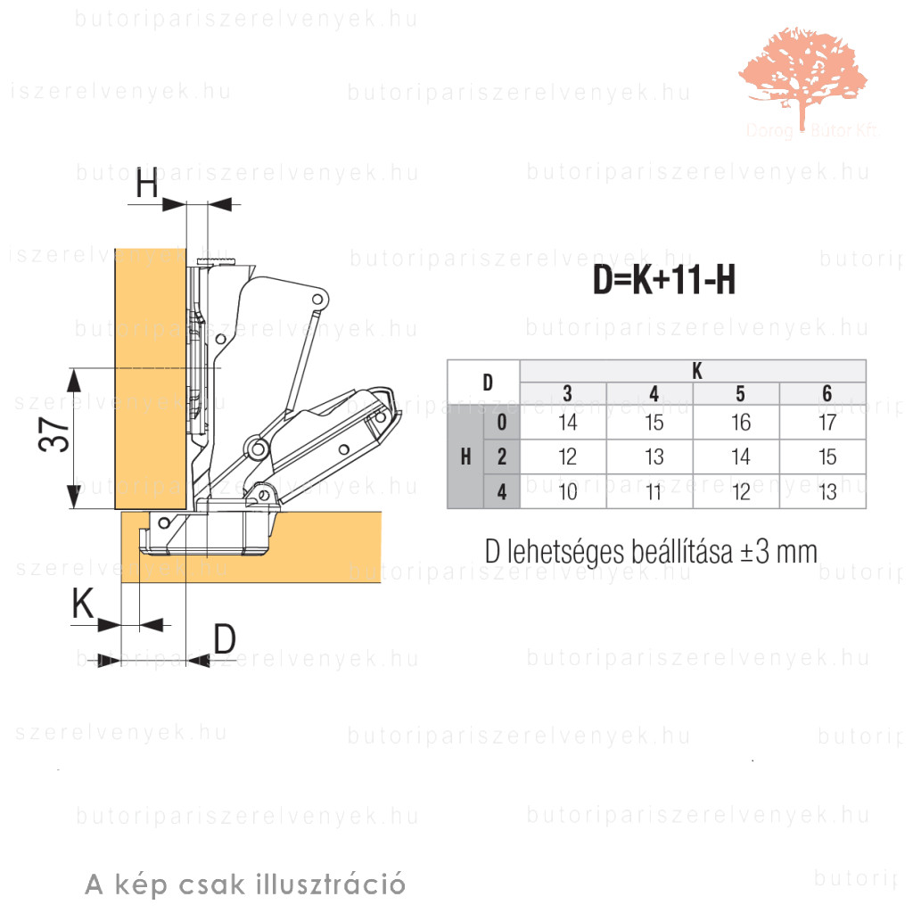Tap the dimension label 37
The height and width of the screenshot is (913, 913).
[x=56, y=437]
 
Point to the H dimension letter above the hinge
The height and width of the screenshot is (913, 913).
[x=147, y=185]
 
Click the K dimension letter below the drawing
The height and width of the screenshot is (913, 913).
[x=83, y=605]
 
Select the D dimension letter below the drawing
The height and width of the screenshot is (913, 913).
[x=225, y=638]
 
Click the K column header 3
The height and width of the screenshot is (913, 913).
[x=567, y=394]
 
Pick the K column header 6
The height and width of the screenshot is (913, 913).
[x=827, y=394]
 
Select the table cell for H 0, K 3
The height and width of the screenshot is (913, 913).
[x=567, y=422]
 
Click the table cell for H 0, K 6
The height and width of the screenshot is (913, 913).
[x=827, y=422]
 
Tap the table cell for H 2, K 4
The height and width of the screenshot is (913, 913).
[x=654, y=456]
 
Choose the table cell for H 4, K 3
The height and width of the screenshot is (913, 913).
[x=567, y=491]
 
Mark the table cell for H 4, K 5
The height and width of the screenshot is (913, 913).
[x=740, y=491]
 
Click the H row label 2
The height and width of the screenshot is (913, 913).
[x=502, y=456]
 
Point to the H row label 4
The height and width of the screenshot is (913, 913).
[x=502, y=491]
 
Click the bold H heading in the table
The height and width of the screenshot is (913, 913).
[x=465, y=456]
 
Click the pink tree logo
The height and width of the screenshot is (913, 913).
[x=802, y=76]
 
